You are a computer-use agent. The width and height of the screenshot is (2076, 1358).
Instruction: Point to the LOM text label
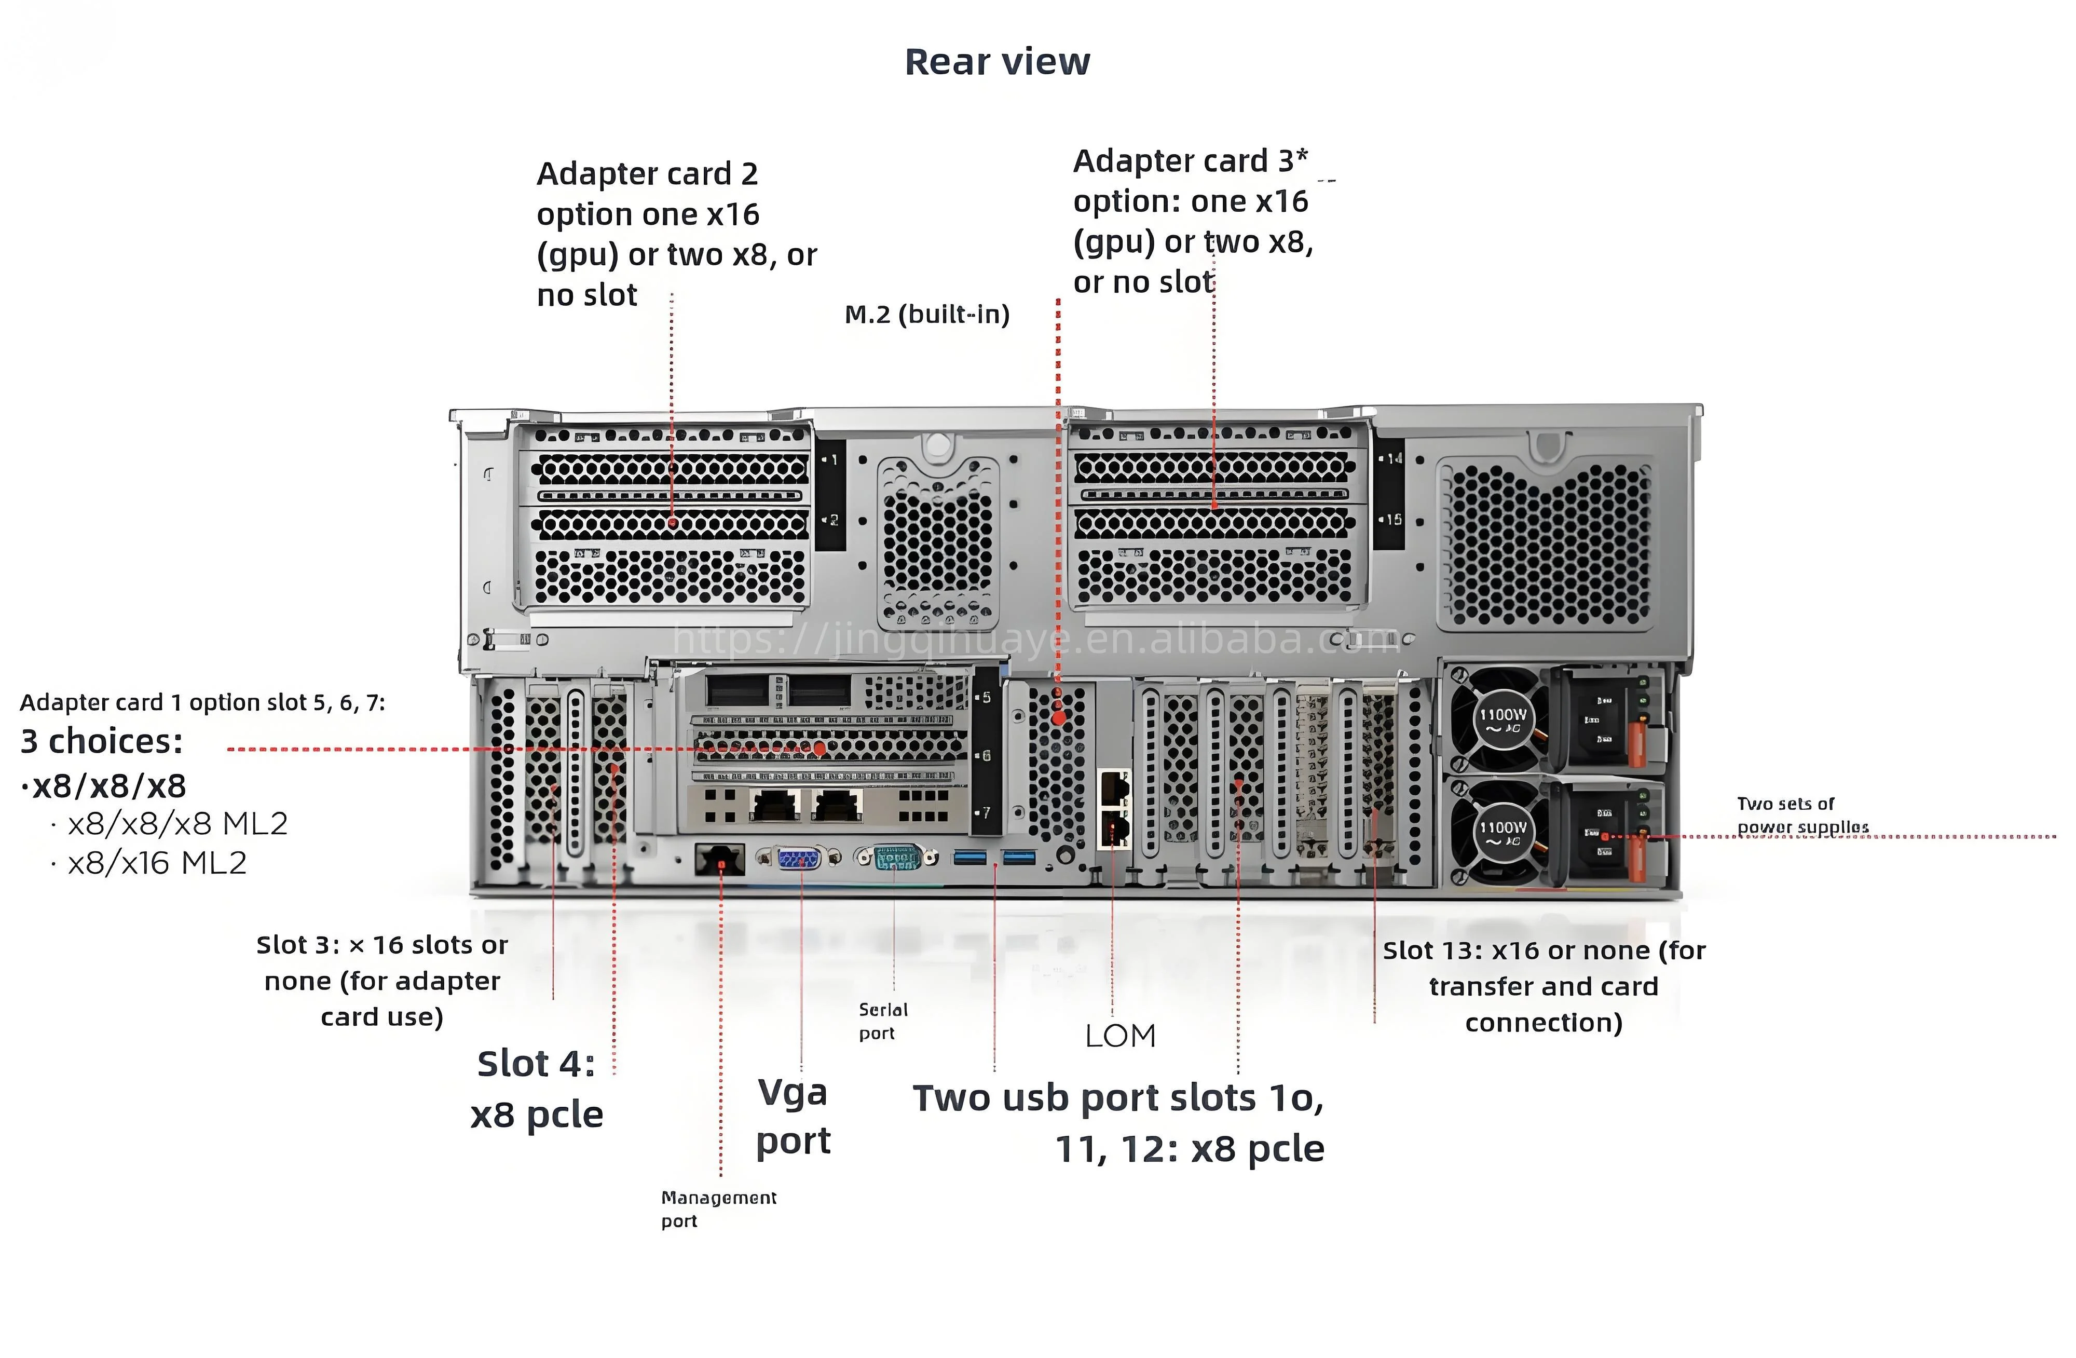[1120, 1036]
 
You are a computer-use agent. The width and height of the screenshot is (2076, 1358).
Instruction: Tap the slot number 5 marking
[986, 698]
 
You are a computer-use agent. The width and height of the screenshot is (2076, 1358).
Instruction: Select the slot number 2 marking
[832, 520]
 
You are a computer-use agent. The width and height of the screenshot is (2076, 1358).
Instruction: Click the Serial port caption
[883, 1021]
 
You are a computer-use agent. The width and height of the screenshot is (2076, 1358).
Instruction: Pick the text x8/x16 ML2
[157, 863]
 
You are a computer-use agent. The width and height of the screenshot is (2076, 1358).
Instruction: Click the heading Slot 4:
[536, 1064]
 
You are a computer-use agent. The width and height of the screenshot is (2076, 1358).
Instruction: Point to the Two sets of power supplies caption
[1801, 814]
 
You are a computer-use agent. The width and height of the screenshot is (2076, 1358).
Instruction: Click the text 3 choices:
[102, 741]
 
